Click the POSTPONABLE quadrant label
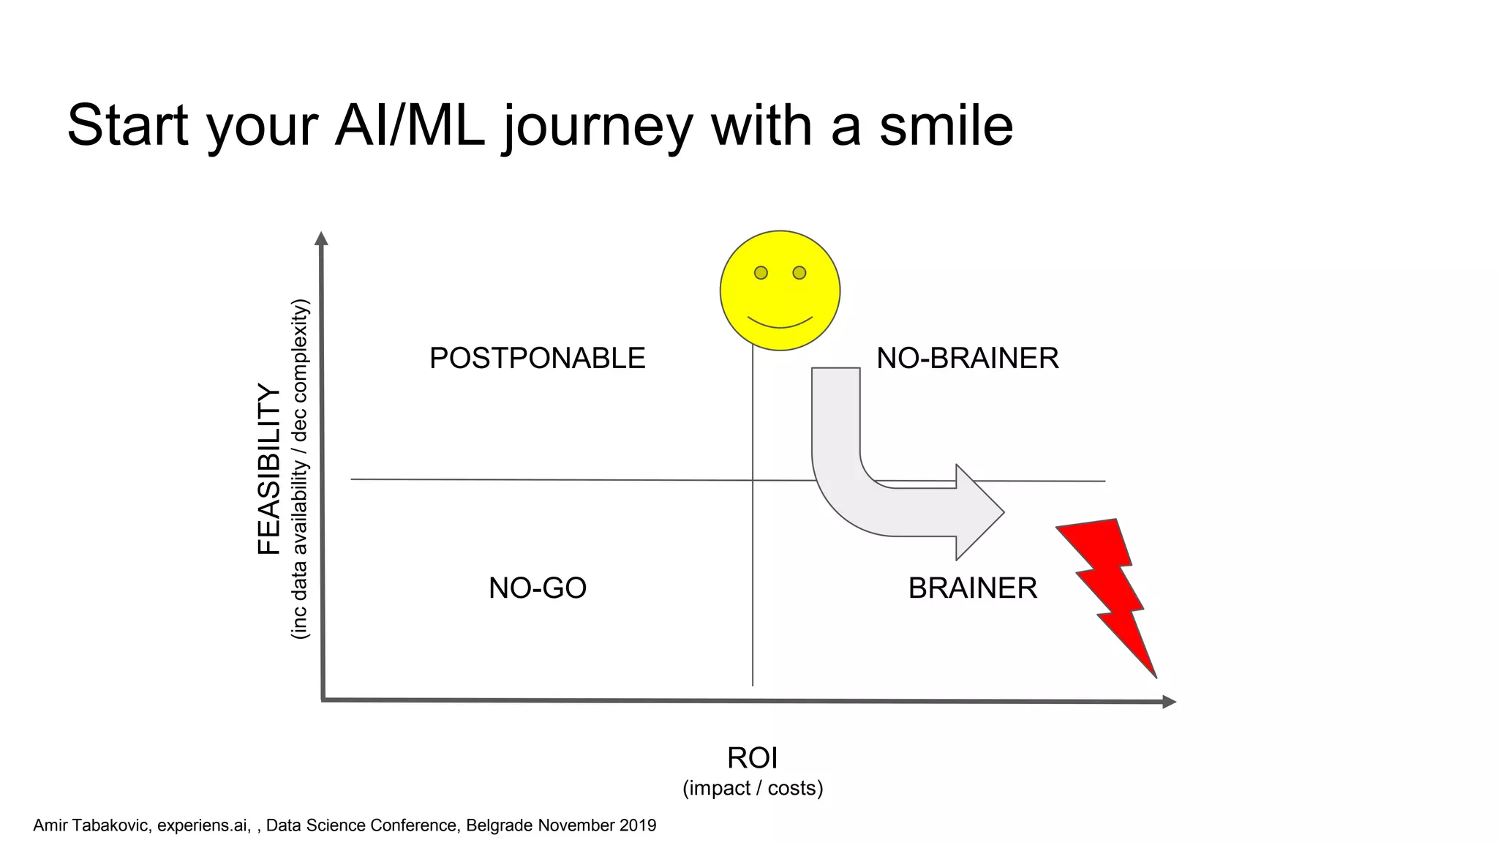[537, 359]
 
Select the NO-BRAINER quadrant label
[967, 359]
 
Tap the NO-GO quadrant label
[538, 588]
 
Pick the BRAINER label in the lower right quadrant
[972, 588]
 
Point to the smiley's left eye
[761, 273]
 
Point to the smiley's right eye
[799, 273]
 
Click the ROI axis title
[752, 758]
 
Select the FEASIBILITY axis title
[269, 469]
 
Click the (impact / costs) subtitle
[753, 788]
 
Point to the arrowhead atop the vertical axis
[321, 239]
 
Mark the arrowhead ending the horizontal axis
[1169, 702]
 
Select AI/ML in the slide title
[410, 125]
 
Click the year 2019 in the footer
[637, 825]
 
